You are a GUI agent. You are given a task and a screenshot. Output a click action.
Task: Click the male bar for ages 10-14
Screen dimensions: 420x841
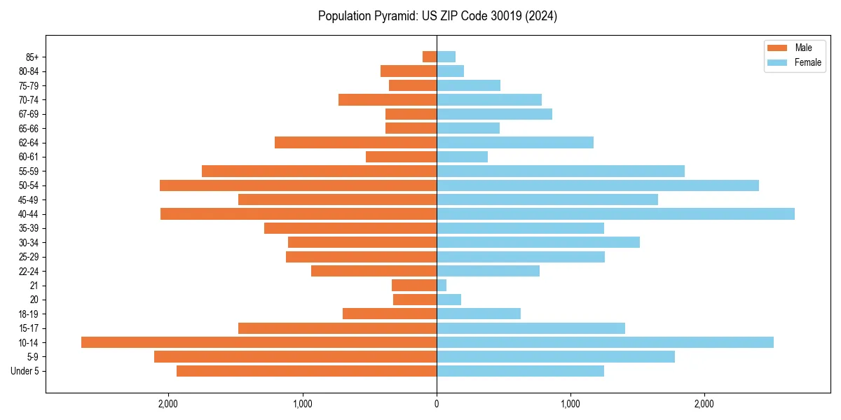[x=259, y=342]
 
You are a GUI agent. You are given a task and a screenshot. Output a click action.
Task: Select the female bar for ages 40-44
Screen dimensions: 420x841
[x=615, y=214]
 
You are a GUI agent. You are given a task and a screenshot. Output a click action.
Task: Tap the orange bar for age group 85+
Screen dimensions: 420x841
[x=430, y=57]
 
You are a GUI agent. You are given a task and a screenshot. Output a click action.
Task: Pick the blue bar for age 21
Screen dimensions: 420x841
[x=442, y=286]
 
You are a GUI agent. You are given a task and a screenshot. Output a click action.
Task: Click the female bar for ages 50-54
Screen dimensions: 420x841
[x=597, y=185]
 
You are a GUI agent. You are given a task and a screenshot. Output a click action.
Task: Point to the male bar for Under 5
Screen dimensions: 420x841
[x=306, y=371]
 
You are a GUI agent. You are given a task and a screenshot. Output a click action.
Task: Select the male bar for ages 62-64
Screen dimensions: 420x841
[x=355, y=143]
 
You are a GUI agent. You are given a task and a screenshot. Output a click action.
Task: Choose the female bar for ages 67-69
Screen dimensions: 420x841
[x=494, y=114]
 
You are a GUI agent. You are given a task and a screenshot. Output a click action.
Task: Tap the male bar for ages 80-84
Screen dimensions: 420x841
[x=409, y=71]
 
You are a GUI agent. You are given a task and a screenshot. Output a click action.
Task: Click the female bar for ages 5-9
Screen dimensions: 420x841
[x=556, y=357]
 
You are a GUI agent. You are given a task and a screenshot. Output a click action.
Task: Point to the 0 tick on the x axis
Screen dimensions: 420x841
[x=437, y=403]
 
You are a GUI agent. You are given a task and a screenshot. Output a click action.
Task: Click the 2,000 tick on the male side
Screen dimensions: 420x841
[x=168, y=403]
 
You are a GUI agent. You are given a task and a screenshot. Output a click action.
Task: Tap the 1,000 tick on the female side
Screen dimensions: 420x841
[x=570, y=403]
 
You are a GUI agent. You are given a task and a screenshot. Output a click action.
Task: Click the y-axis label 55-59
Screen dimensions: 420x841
[x=29, y=171]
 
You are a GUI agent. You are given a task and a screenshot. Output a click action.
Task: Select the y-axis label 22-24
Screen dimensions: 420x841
[x=29, y=272]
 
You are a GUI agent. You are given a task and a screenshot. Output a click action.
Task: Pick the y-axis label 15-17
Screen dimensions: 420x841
[x=29, y=328]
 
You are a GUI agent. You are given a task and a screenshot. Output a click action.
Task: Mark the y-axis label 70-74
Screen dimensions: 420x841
[x=29, y=100]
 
